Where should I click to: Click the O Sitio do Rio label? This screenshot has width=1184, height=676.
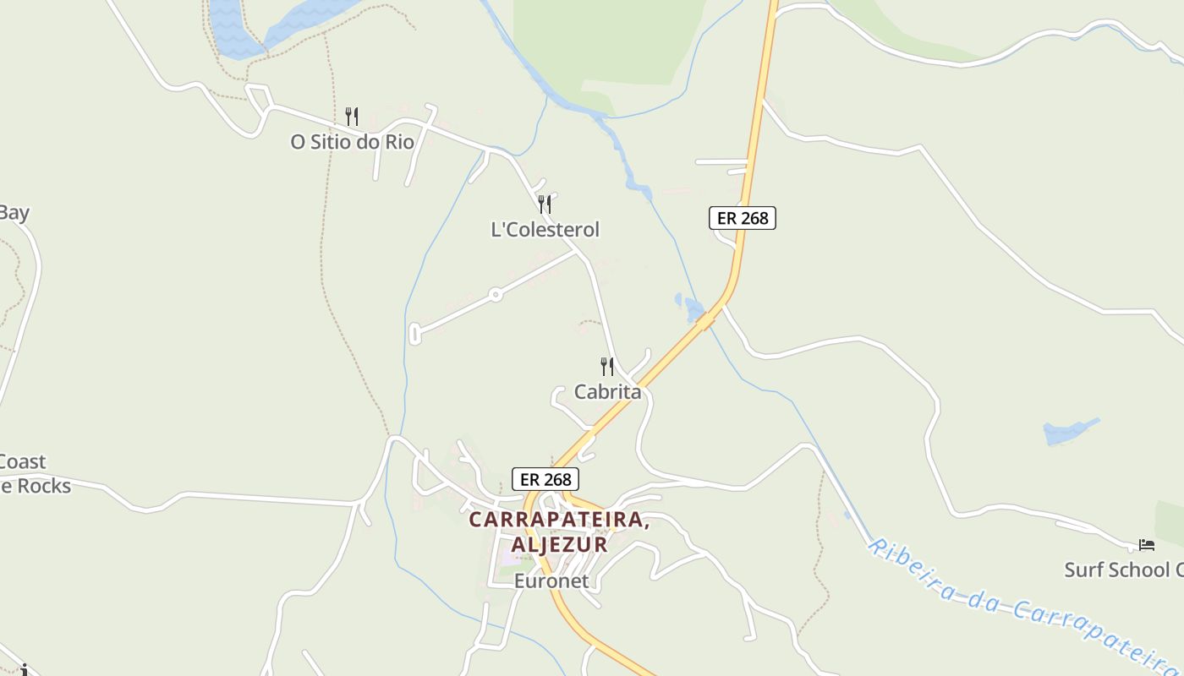pos(352,142)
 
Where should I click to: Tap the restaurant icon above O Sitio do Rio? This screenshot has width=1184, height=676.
pos(352,116)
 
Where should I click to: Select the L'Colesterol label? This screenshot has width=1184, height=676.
pos(545,230)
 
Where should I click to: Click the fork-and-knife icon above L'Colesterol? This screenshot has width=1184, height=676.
pos(545,204)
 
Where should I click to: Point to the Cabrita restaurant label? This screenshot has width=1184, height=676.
pos(607,392)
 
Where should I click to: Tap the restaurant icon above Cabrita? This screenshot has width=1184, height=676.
pos(607,366)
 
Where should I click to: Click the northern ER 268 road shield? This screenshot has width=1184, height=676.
pos(742,218)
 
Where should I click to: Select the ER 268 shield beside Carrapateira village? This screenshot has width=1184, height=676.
pos(545,479)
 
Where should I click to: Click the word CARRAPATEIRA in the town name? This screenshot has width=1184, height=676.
pos(559,520)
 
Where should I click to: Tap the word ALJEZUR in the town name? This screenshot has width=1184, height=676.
pos(559,544)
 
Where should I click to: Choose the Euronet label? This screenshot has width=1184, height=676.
pos(551,581)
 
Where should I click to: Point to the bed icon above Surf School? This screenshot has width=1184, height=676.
pos(1146,545)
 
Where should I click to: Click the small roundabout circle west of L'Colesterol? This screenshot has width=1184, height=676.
pos(496,295)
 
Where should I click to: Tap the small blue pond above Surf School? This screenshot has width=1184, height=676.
pos(1067,431)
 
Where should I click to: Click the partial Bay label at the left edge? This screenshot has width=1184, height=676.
pos(14,213)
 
